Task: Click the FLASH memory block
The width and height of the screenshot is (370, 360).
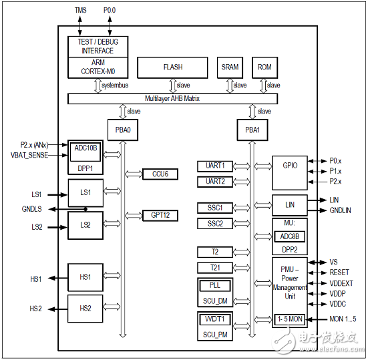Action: coord(172,67)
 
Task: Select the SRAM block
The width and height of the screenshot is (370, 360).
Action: coord(230,67)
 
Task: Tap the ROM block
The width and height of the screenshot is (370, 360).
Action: coord(264,67)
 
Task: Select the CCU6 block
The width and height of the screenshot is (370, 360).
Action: coord(160,174)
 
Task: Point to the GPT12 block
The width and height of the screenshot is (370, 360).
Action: coord(160,215)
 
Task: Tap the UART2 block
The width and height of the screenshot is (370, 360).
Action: coord(214,182)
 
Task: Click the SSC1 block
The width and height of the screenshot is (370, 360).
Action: coord(214,208)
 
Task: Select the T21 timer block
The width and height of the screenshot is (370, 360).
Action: coord(214,267)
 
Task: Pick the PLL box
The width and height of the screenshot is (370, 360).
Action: coord(214,285)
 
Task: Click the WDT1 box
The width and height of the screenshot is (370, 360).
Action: coord(214,319)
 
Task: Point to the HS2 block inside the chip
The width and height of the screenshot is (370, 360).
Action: coord(85,309)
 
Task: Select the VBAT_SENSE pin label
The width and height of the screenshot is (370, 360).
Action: coord(30,154)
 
